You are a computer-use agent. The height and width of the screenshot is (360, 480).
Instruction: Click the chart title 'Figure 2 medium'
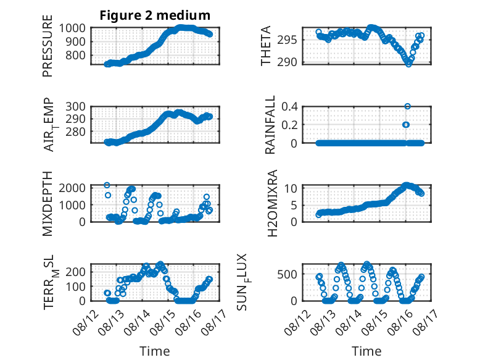click(x=155, y=15)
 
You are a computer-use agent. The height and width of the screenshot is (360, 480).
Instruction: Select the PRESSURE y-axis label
click(x=48, y=46)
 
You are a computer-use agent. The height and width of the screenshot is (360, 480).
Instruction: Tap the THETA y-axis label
click(x=266, y=46)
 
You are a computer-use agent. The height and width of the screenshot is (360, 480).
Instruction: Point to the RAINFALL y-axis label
click(x=270, y=124)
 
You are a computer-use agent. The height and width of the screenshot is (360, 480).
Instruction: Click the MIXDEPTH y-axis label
click(x=48, y=204)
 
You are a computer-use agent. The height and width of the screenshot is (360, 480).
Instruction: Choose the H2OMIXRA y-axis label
click(x=272, y=203)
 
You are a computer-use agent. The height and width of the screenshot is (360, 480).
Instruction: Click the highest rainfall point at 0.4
click(x=407, y=106)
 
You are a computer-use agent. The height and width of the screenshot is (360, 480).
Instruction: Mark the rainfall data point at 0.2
click(x=406, y=125)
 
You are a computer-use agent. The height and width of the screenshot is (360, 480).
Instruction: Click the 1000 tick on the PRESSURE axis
click(x=72, y=28)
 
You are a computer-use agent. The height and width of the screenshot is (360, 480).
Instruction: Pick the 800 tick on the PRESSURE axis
click(x=76, y=56)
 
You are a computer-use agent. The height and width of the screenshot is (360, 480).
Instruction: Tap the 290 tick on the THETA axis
click(x=287, y=62)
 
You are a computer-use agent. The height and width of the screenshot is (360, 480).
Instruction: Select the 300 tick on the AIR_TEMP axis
click(x=76, y=107)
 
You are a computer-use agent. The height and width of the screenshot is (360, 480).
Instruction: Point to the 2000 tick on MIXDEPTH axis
click(x=72, y=188)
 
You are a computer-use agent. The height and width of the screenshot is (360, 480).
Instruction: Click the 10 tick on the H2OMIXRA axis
click(x=291, y=188)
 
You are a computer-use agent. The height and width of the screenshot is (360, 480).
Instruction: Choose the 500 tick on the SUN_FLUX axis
click(x=287, y=274)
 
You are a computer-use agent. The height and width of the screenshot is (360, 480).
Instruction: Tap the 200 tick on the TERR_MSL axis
click(x=76, y=272)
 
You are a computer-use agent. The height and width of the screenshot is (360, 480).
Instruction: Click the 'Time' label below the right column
click(x=366, y=351)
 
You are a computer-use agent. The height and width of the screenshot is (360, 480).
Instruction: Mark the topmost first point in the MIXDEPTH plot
click(x=107, y=185)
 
